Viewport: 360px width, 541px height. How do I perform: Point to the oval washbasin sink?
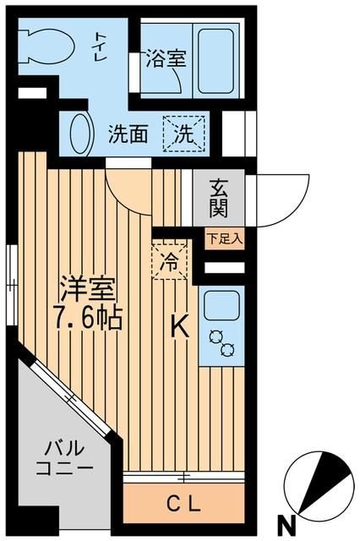79,134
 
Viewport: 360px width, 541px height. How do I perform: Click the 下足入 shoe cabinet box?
224,238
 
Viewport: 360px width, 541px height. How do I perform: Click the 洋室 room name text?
85,288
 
